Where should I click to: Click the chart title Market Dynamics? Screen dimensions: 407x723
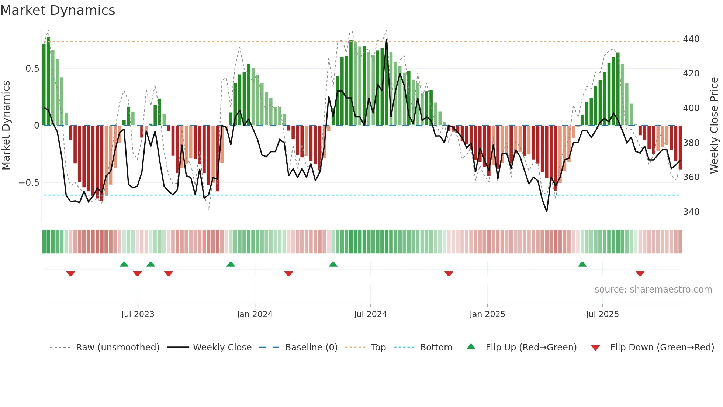pos(58,10)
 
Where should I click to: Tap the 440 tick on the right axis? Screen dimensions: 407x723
pos(691,39)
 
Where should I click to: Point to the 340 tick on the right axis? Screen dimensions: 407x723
pos(691,212)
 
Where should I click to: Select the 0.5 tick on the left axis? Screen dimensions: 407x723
pos(32,69)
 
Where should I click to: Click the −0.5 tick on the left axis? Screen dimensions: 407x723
pos(29,183)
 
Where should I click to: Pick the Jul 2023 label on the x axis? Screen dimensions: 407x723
pos(138,314)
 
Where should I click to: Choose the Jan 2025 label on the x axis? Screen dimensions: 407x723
pos(487,314)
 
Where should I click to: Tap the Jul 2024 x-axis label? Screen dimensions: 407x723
pos(370,314)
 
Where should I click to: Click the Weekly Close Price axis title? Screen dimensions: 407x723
pos(714,125)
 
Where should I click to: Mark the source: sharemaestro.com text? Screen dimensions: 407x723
pos(653,290)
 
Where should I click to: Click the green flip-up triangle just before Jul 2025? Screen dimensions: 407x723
pos(582,264)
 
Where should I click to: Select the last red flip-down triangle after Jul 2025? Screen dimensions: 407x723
pos(640,274)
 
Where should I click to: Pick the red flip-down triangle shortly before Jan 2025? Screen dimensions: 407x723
pos(449,274)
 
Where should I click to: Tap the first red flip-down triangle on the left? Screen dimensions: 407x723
pos(70,274)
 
